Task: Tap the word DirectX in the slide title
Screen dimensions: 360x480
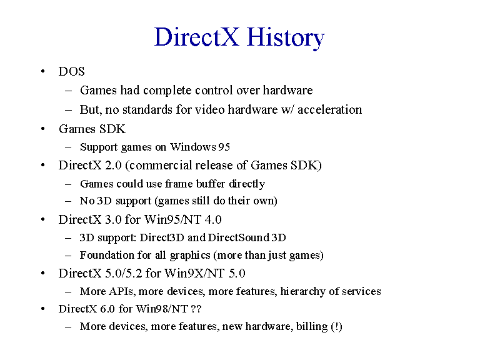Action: point(196,37)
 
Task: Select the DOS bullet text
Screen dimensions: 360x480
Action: point(71,72)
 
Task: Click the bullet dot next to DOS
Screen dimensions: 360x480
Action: point(42,71)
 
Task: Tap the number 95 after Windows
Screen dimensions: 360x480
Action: point(224,147)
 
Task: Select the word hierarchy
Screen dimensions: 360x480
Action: point(304,291)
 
